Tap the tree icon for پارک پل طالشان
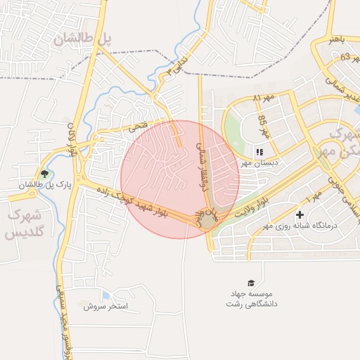pos(46,174)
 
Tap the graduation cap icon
pos(252,283)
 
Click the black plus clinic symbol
pos(301,214)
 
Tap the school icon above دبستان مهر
pos(259,151)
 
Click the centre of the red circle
pos(180,179)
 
